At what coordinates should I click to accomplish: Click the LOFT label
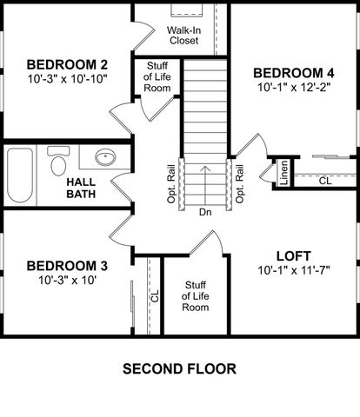[293, 256]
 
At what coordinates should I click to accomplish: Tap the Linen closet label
[284, 173]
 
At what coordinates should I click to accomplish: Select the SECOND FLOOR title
[179, 368]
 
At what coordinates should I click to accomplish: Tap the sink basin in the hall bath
[105, 159]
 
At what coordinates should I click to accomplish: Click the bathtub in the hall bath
[20, 176]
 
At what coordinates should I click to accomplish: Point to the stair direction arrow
[205, 182]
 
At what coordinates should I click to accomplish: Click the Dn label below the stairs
[205, 211]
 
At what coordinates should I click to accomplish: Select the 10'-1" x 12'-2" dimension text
[293, 88]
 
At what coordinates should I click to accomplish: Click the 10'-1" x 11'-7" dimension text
[293, 271]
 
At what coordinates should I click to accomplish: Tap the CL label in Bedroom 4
[324, 181]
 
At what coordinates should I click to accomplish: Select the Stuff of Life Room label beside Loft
[196, 296]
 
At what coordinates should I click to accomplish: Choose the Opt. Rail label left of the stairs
[172, 183]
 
